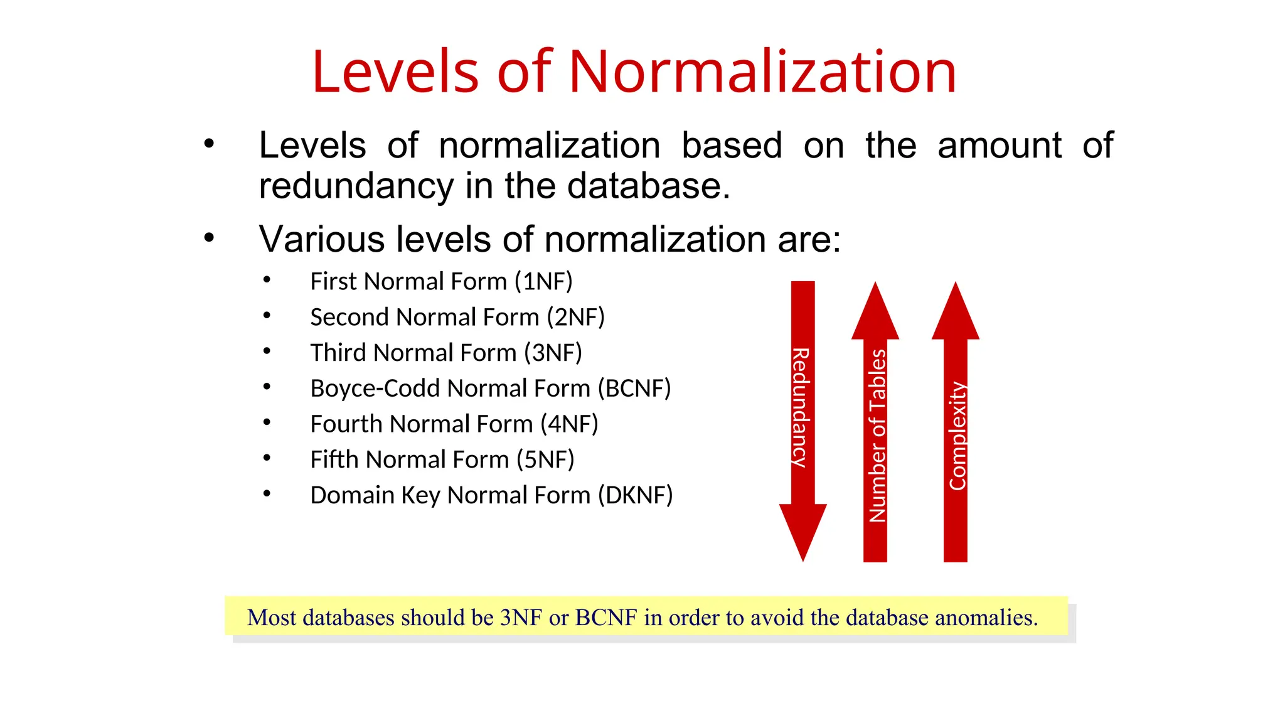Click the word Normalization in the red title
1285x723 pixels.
[762, 72]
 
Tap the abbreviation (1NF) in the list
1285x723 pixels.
[543, 282]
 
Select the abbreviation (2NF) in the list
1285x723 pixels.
[575, 318]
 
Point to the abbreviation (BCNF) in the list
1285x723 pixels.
[634, 388]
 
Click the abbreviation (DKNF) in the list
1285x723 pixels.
[635, 495]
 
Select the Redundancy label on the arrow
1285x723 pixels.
[801, 407]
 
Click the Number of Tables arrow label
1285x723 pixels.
[877, 436]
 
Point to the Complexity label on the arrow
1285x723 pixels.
[957, 436]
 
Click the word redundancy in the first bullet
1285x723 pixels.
[356, 186]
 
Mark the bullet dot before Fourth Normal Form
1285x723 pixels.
[267, 423]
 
